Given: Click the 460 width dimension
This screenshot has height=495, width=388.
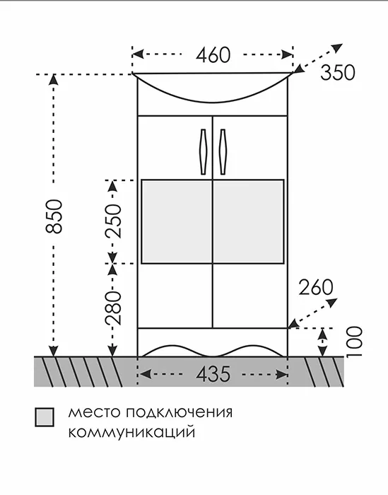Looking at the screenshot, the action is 213,55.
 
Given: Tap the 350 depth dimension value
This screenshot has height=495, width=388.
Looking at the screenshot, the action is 338,73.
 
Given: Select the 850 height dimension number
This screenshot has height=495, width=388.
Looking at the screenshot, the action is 54,216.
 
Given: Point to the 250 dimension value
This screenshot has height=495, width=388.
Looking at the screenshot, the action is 113,221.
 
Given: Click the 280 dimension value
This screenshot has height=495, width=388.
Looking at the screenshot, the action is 113,308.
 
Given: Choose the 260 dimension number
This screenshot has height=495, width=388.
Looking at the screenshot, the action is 316,287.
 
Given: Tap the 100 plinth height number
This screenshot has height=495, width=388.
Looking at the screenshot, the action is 354,342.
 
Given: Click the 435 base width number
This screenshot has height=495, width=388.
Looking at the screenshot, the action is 213,374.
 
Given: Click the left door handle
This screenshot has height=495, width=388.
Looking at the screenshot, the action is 203,151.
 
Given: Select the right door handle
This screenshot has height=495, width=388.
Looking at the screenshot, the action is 223,151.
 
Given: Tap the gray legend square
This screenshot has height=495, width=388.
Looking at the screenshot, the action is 44,417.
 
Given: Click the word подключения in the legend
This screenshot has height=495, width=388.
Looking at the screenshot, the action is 180,413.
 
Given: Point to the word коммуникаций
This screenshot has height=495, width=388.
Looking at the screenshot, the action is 131,432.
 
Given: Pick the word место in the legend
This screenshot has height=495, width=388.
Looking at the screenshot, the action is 95,413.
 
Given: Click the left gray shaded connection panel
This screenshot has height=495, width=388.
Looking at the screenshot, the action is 177,221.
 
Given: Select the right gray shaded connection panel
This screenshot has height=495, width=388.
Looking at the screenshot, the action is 249,221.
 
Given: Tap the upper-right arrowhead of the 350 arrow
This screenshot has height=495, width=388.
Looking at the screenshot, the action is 338,47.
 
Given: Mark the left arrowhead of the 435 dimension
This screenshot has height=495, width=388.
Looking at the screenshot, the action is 145,375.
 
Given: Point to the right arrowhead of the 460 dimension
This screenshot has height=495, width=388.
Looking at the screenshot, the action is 287,54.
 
